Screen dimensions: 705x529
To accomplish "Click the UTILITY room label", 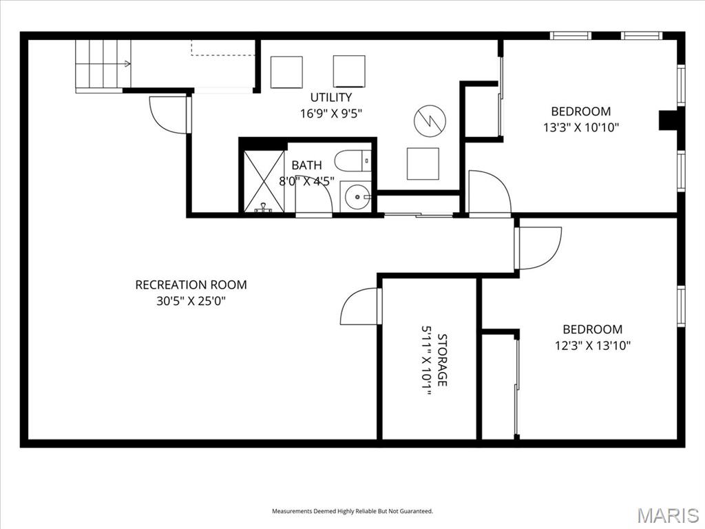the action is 331,97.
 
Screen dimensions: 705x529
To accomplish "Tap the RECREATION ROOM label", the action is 191,284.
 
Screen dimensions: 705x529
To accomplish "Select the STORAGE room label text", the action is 443,360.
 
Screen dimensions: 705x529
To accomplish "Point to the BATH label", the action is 306,165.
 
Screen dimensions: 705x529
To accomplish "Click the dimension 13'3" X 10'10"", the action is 581,127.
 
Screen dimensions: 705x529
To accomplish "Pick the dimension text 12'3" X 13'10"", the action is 592,346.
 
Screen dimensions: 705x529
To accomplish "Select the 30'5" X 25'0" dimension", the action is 191,301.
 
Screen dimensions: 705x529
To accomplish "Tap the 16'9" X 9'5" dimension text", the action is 331,114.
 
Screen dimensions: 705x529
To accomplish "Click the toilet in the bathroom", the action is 352,161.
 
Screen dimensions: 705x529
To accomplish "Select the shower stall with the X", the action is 264,181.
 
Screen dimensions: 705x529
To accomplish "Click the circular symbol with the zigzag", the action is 430,121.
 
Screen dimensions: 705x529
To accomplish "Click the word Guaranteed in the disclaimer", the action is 419,511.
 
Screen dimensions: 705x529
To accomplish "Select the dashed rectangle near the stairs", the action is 223,48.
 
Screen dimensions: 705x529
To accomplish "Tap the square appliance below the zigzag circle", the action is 423,164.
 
